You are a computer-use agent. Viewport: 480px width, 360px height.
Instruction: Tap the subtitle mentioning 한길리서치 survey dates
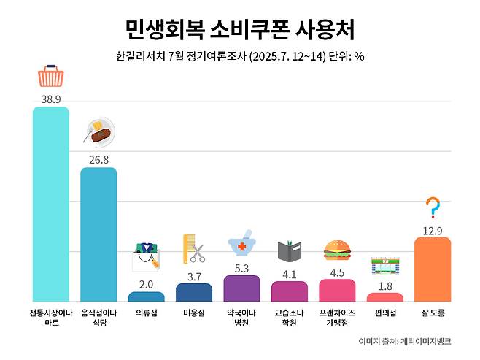[240, 56]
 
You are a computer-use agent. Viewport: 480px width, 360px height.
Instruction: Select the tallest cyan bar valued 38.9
[51, 204]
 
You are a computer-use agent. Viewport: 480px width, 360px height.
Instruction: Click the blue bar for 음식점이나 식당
[98, 234]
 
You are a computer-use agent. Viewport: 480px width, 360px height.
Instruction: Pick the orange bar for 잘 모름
[433, 269]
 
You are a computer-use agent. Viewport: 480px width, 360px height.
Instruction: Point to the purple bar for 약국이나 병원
[241, 288]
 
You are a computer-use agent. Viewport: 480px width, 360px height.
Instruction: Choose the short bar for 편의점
[384, 297]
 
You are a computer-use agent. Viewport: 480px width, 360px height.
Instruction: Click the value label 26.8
[98, 158]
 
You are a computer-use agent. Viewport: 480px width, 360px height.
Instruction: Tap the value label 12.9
[433, 229]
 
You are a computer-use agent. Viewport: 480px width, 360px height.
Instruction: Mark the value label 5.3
[241, 267]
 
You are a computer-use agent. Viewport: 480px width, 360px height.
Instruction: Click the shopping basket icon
[51, 76]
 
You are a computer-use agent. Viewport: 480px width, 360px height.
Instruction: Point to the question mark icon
[433, 208]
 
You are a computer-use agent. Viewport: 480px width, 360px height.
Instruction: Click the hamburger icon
[336, 250]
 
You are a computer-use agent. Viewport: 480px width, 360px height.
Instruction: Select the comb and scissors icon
[193, 249]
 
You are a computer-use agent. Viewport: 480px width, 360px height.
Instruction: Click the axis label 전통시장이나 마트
[51, 317]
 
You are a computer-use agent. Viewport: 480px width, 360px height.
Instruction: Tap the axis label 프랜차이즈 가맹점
[336, 317]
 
